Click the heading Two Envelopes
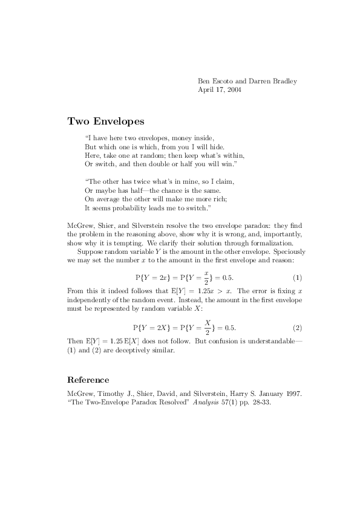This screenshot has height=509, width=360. [x=106, y=121]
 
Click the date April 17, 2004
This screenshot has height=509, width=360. [x=220, y=89]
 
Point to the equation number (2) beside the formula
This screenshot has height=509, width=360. [x=297, y=328]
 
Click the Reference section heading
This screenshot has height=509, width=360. [x=88, y=380]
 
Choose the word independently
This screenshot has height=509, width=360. [x=94, y=300]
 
